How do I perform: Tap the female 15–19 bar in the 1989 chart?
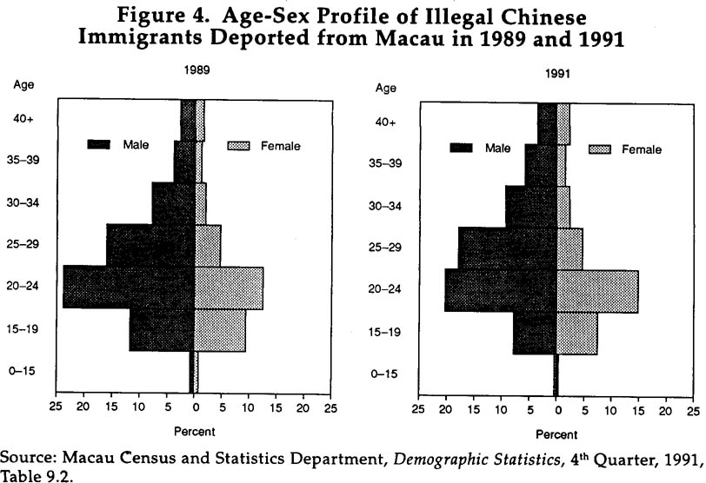click(x=220, y=330)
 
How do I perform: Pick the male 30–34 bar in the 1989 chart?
click(x=173, y=202)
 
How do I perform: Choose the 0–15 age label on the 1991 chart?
click(x=384, y=374)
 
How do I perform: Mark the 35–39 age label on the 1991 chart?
click(x=384, y=163)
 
